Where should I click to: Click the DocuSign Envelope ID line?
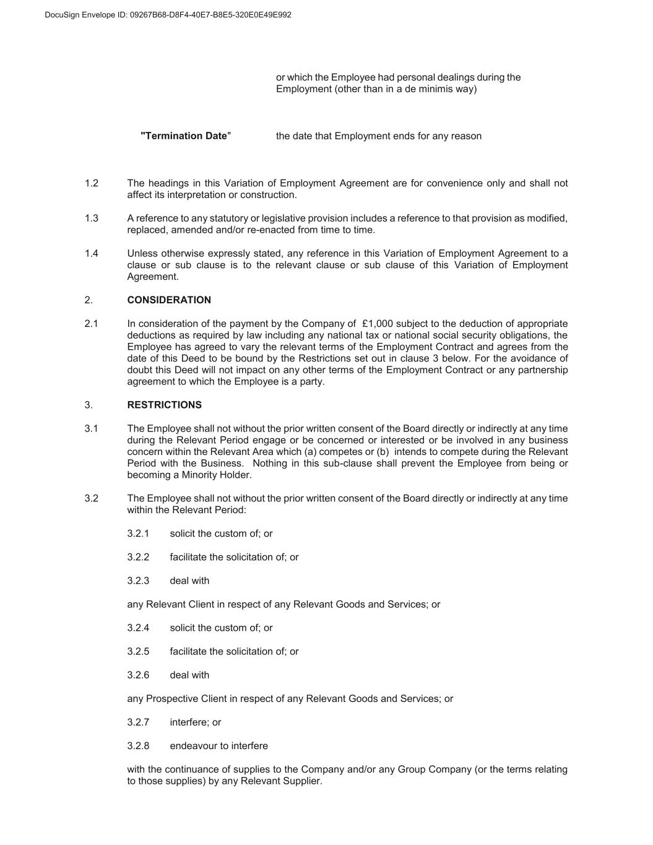[168, 15]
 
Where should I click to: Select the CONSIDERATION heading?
[169, 300]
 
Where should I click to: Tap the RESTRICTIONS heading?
[164, 405]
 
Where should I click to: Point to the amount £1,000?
[378, 324]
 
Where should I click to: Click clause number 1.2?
[92, 183]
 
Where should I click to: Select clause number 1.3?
[92, 219]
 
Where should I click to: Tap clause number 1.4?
[92, 254]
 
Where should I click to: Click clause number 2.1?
[92, 324]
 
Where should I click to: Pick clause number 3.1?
[92, 428]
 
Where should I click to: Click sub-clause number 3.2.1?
[138, 534]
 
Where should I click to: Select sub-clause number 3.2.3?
[138, 581]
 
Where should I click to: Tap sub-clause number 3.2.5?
[138, 651]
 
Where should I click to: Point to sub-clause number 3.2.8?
[138, 746]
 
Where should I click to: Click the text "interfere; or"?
[195, 722]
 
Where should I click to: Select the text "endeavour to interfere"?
[218, 746]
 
